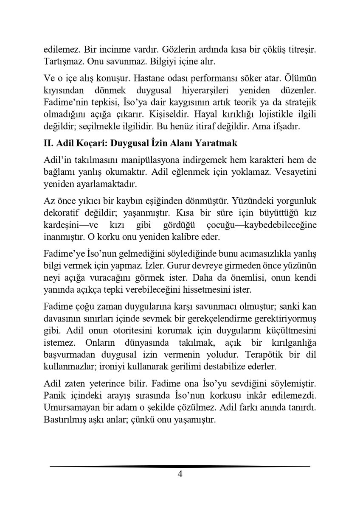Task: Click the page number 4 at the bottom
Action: tap(180, 475)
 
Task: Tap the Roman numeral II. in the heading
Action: tap(50, 143)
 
